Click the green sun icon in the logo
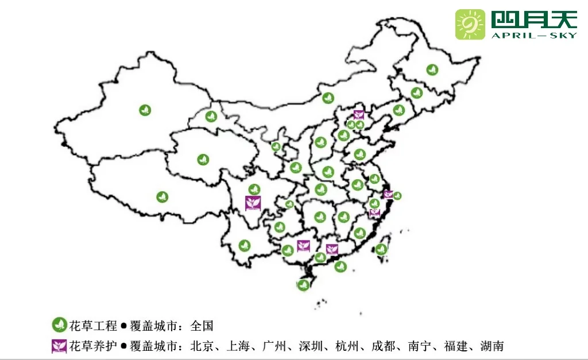tap(470, 24)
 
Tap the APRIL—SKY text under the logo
tap(533, 35)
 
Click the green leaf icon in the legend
tap(59, 325)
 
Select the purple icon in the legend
tap(59, 346)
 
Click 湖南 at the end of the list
tap(492, 346)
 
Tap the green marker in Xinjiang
tap(145, 110)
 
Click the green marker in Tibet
tap(163, 197)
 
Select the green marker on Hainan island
tap(303, 284)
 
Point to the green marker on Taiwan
tap(381, 249)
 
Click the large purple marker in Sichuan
tap(253, 203)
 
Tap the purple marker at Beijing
tap(359, 114)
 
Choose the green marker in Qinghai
tap(203, 160)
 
